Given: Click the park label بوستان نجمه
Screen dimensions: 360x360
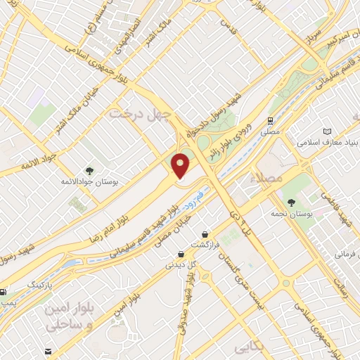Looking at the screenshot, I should point(292,212).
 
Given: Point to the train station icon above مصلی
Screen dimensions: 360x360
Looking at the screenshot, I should point(271,120).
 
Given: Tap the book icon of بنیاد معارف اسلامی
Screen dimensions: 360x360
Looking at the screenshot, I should point(326,131).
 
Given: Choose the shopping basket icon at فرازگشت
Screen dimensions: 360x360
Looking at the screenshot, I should point(204,234).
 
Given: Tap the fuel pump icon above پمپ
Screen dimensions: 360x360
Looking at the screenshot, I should point(4,292).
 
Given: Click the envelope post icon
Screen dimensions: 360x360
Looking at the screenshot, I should point(47,351).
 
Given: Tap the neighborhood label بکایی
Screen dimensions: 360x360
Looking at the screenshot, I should point(250,347).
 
